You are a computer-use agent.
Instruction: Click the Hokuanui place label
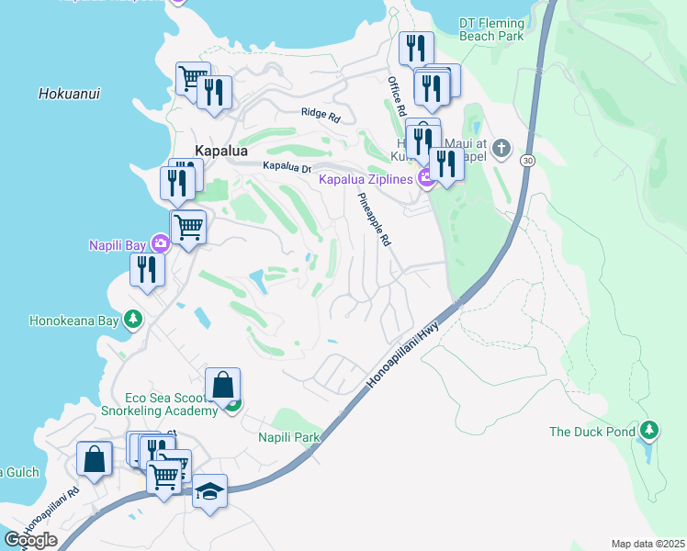click(x=70, y=94)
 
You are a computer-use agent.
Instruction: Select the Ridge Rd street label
click(x=321, y=114)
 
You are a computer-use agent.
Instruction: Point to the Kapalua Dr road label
click(x=287, y=167)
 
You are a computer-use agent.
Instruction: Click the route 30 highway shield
click(x=525, y=161)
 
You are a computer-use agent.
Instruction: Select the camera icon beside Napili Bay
click(x=161, y=243)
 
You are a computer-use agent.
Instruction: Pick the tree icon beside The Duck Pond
click(x=649, y=430)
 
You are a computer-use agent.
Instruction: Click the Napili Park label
click(x=288, y=437)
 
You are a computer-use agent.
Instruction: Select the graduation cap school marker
click(x=209, y=490)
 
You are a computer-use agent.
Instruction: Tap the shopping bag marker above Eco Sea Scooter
click(x=223, y=384)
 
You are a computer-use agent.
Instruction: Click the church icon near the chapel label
click(x=501, y=148)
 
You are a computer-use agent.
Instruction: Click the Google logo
click(x=31, y=540)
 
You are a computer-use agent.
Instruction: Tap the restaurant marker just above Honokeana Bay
click(x=147, y=269)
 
